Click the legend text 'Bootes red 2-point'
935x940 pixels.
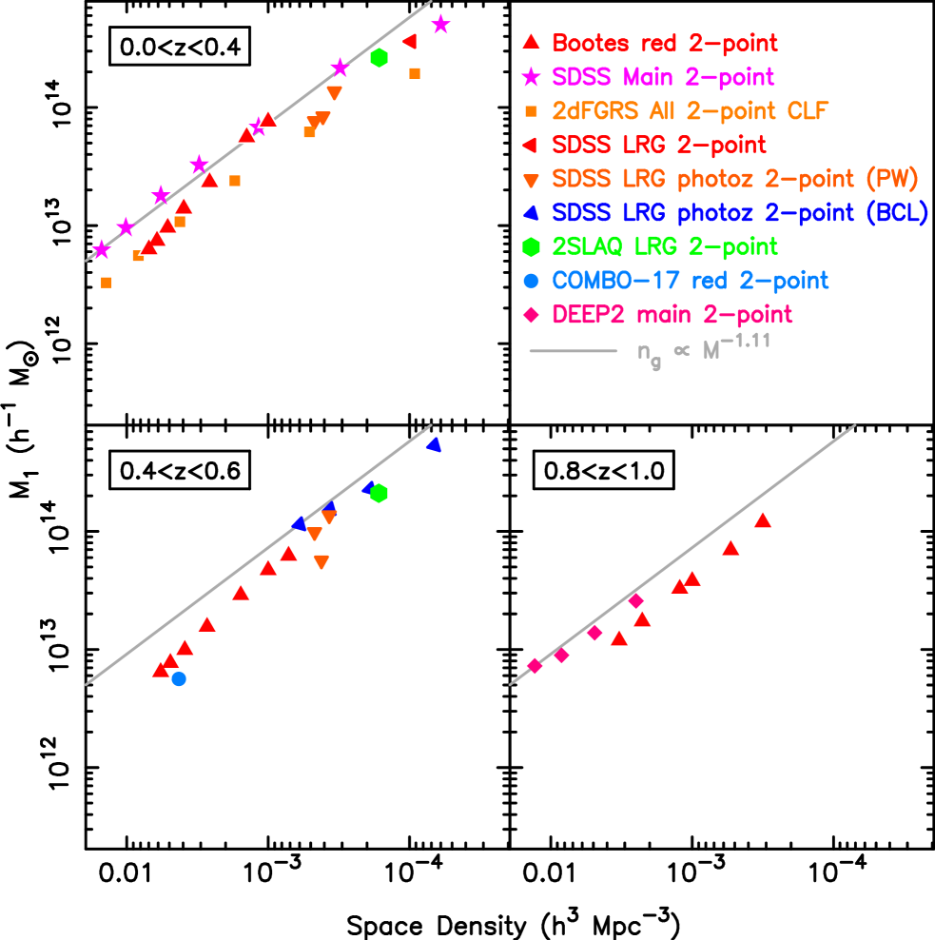[x=664, y=43]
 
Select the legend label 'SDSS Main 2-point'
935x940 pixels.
[x=663, y=76]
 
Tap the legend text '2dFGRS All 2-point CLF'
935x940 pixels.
[x=691, y=110]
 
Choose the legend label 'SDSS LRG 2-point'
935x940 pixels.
[x=658, y=145]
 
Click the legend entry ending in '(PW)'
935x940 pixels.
[x=735, y=179]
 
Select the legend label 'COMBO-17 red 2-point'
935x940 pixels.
[x=690, y=281]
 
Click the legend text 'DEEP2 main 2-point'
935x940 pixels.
[x=672, y=315]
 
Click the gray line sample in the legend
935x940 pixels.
[x=573, y=351]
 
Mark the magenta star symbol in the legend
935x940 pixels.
[x=532, y=76]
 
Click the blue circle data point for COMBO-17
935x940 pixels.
[x=179, y=678]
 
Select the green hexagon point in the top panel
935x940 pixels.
[x=379, y=58]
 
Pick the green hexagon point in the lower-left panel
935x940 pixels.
[x=379, y=493]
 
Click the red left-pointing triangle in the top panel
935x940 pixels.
[x=410, y=41]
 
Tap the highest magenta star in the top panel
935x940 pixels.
[x=440, y=25]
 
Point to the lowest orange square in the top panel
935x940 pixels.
[x=107, y=283]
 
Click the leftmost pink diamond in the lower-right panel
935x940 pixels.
[x=535, y=666]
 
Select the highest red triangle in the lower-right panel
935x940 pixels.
[x=762, y=519]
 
